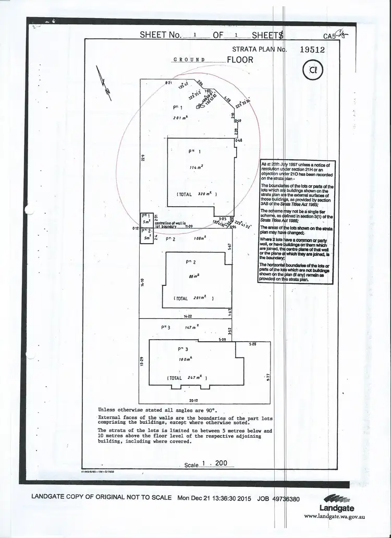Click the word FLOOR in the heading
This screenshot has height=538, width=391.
pyautogui.click(x=240, y=59)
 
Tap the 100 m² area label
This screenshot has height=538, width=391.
pyautogui.click(x=184, y=360)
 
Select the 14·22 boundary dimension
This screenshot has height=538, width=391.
pyautogui.click(x=189, y=316)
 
